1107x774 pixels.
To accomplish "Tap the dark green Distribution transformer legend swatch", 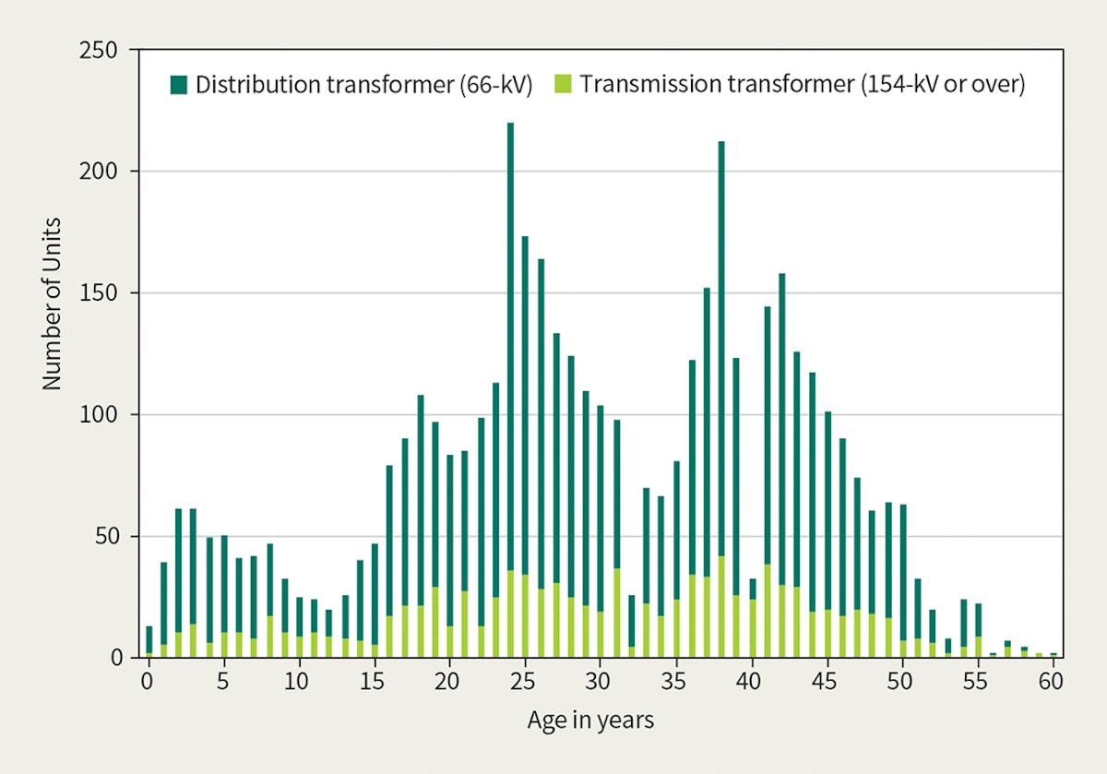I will point(179,85).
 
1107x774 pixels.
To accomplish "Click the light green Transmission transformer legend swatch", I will point(563,85).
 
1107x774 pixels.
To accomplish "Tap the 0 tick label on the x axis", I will point(148,683).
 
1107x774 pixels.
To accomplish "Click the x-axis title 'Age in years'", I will point(590,720).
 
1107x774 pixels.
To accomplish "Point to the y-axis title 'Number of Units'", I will point(52,304).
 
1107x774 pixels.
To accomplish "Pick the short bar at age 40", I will point(752,618).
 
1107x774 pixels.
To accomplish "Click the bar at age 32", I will point(631,627).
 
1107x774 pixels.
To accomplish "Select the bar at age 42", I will point(781,461).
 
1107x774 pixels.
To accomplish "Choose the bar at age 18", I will point(421,517).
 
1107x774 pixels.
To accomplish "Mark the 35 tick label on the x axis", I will point(675,683).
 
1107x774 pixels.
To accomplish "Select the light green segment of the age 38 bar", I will point(720,609).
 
